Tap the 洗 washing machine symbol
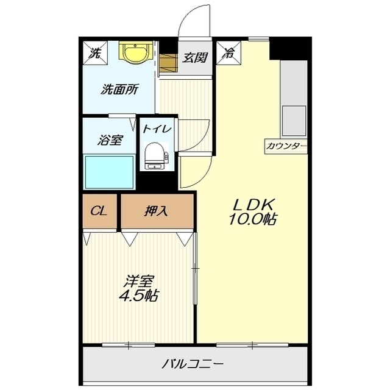[96, 53]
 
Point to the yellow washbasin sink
[134, 53]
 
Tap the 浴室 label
[110, 140]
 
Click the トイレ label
[157, 129]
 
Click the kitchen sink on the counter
[293, 121]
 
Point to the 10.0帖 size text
[252, 219]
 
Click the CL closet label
[99, 211]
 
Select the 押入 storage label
[157, 211]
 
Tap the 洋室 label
[139, 282]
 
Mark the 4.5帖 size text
[139, 297]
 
